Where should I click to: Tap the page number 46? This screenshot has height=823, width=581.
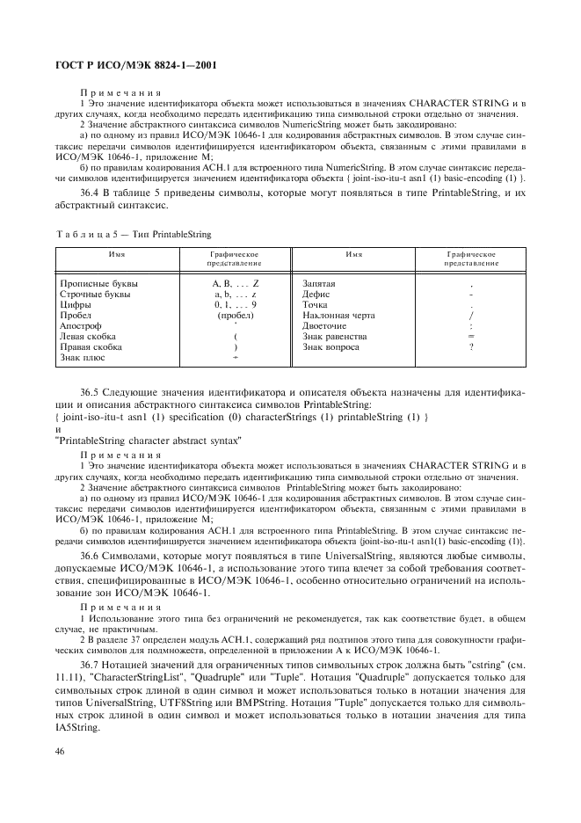click(x=62, y=751)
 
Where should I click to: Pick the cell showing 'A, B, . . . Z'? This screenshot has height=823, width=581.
click(x=236, y=284)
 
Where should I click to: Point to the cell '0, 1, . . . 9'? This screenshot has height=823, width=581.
click(x=236, y=304)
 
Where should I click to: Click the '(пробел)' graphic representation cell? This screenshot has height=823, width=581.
click(x=236, y=315)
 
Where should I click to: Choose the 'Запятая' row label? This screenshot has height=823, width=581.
click(x=318, y=284)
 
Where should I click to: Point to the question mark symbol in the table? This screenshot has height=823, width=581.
click(x=471, y=346)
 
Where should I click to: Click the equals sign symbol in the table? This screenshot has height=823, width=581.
click(x=471, y=336)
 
